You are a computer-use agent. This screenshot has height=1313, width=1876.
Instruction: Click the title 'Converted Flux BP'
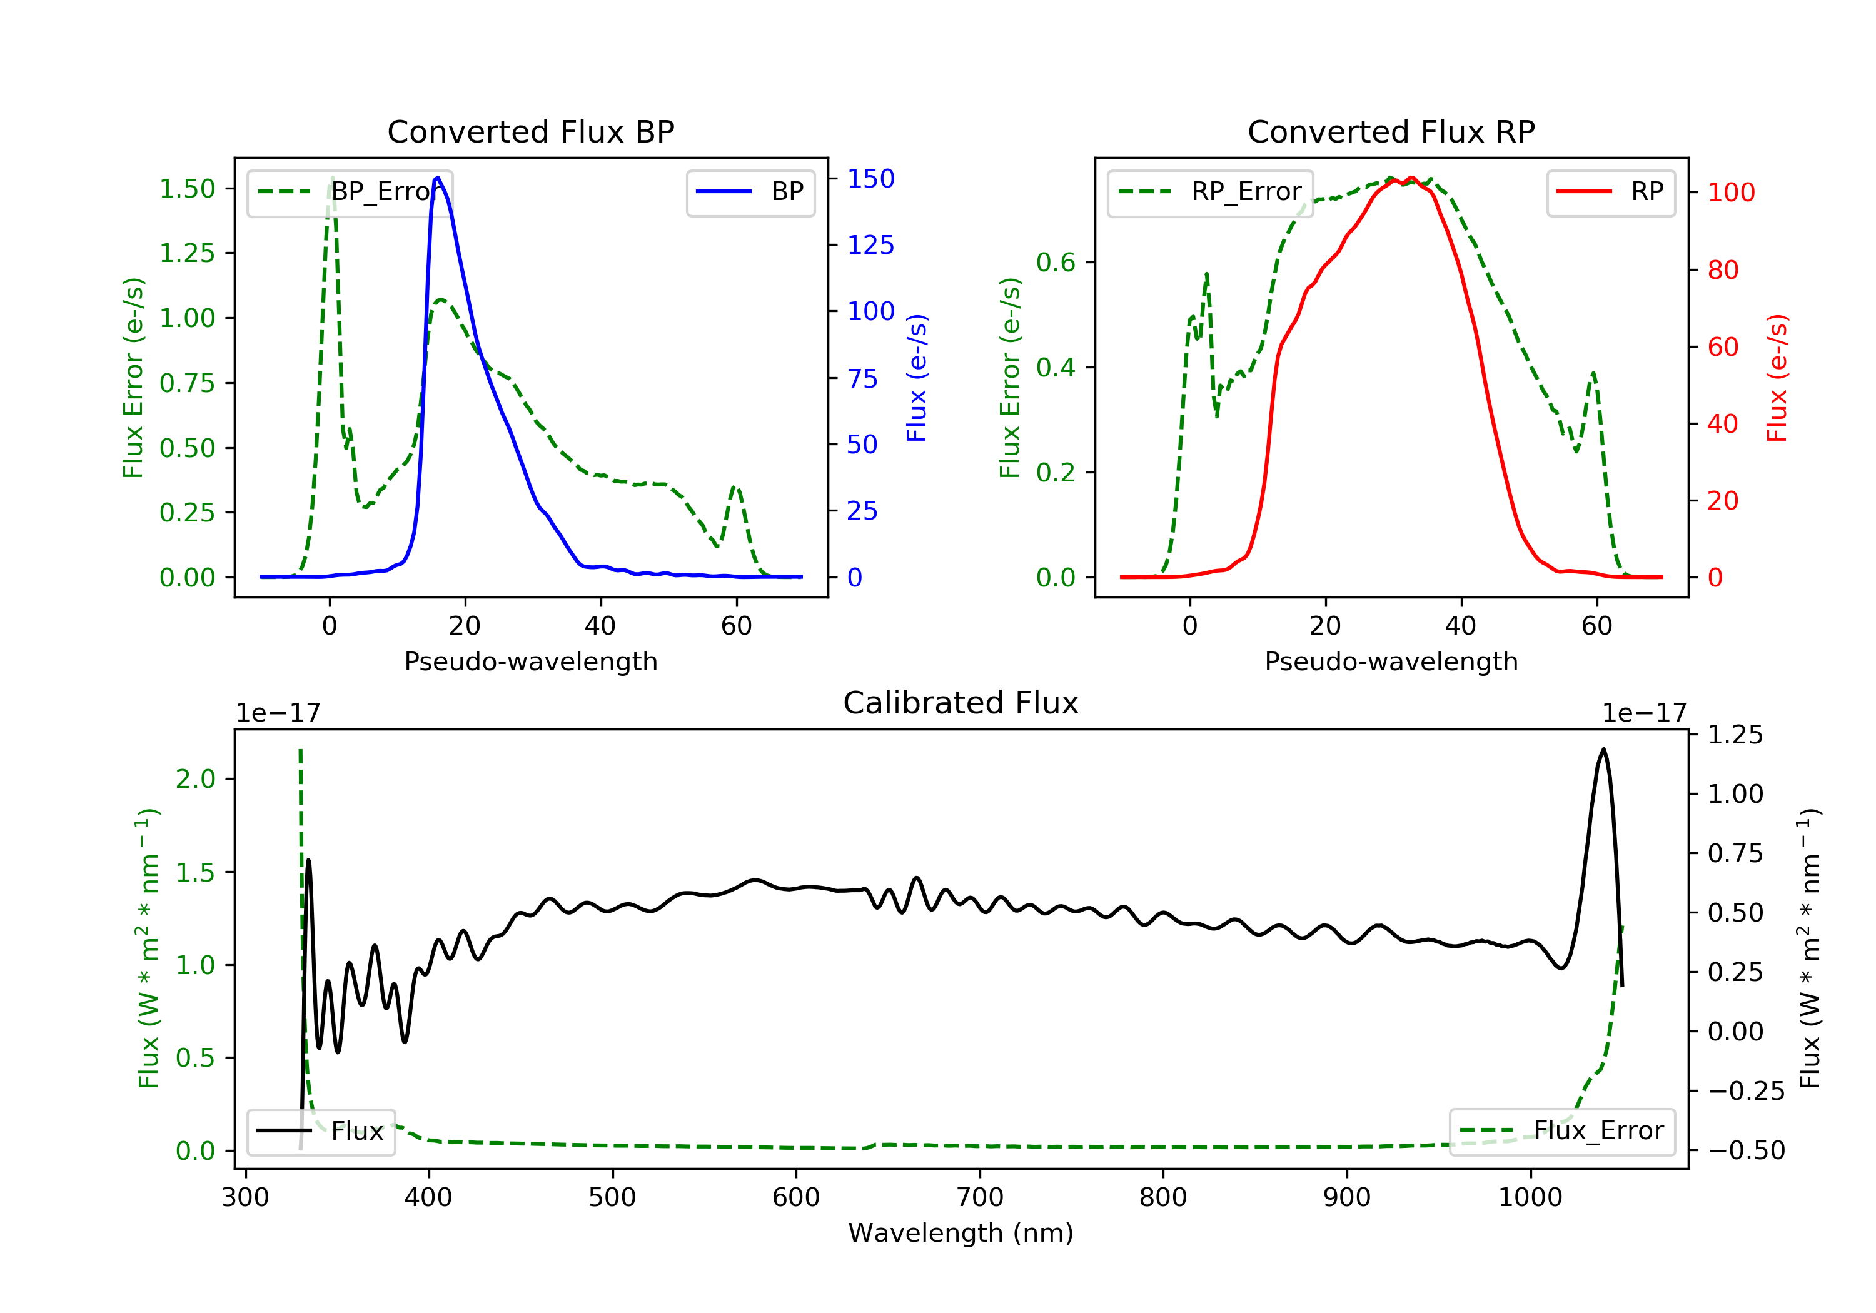530,131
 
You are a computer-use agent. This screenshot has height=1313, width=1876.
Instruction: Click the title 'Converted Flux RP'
1391,131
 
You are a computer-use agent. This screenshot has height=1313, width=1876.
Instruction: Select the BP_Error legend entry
350,192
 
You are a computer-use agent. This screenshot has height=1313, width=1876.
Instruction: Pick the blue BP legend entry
750,192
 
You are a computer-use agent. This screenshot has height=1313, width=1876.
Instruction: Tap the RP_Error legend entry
1210,192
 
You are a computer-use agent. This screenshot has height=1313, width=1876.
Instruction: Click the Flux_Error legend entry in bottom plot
1561,1131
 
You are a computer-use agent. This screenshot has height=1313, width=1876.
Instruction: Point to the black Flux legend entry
321,1131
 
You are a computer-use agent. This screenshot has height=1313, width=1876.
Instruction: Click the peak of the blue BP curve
438,178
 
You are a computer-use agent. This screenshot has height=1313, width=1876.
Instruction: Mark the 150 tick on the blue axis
870,179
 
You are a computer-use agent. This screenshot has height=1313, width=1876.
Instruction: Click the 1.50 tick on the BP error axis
187,189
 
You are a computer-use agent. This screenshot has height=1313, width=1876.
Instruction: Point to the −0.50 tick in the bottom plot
1746,1151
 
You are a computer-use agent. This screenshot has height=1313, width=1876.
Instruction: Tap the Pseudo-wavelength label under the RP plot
1391,662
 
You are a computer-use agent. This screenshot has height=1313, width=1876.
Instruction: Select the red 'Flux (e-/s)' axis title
1777,378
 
